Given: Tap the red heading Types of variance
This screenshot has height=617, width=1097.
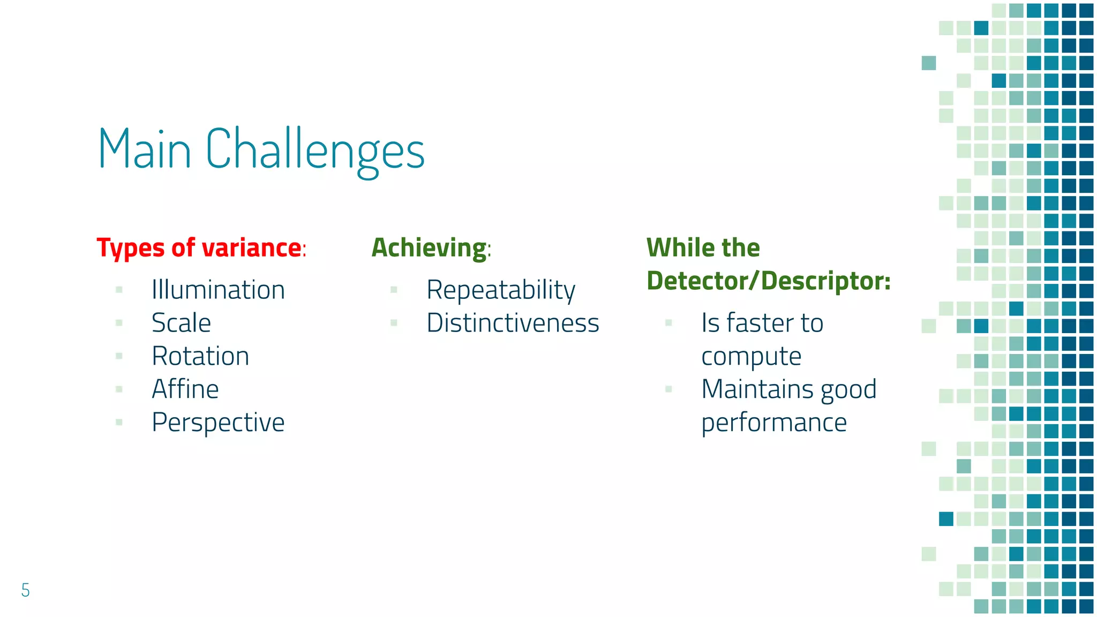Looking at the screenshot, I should coord(199,248).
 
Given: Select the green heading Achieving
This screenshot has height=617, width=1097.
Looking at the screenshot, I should coord(429,248).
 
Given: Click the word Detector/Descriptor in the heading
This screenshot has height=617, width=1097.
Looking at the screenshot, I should coord(768,281).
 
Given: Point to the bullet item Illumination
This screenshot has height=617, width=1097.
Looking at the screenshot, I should coord(218,290).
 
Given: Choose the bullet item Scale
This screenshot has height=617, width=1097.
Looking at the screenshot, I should coord(181,323).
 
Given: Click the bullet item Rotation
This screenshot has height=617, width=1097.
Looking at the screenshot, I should coord(200,356).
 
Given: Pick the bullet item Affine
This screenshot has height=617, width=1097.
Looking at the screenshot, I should coord(185,389).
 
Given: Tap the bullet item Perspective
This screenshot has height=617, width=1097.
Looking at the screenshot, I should coord(218,423).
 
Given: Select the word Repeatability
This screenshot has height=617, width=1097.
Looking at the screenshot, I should coord(500,290).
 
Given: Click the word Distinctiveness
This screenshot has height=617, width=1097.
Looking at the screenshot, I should coord(513,323).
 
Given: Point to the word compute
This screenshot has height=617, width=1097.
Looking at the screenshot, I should coord(751,357).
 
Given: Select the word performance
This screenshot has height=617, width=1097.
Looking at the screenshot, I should coord(774,423).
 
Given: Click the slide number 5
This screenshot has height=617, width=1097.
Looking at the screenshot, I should coord(25,590).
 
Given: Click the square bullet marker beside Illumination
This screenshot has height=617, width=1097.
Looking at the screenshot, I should coord(119,290).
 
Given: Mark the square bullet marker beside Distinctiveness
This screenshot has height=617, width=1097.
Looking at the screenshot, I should coord(394,323).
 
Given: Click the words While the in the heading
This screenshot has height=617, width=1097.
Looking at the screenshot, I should coord(703,248).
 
